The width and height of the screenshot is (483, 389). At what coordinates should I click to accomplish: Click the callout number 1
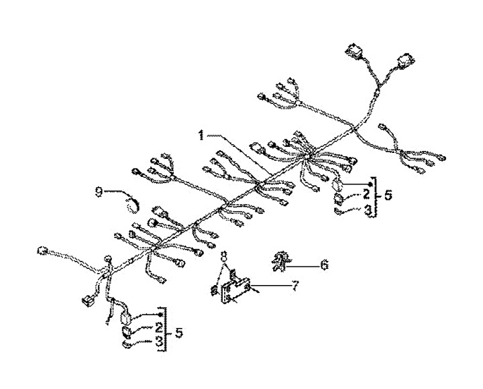pyautogui.click(x=200, y=135)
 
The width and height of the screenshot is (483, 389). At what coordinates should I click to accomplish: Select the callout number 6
pyautogui.click(x=324, y=266)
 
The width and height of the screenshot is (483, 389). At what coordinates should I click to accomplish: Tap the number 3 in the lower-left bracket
pyautogui.click(x=159, y=343)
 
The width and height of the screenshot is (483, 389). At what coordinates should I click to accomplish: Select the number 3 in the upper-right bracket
pyautogui.click(x=367, y=209)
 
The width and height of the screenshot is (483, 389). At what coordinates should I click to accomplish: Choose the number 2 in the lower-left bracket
pyautogui.click(x=158, y=329)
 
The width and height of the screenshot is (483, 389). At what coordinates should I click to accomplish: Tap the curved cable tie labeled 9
pyautogui.click(x=133, y=201)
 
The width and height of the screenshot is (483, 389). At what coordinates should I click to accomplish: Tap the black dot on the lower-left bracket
pyautogui.click(x=160, y=315)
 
